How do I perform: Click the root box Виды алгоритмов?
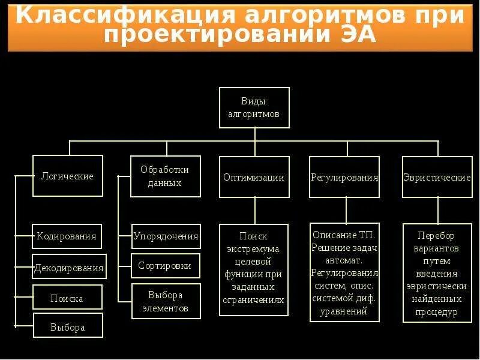tap(254, 107)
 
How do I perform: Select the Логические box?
tap(67, 176)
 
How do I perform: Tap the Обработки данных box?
tap(164, 176)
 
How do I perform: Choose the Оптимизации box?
tap(254, 177)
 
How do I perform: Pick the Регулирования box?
tap(344, 177)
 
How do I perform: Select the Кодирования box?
tap(67, 236)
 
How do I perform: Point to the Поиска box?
tap(67, 298)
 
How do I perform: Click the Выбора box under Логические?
tap(68, 327)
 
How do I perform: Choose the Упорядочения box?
tap(166, 236)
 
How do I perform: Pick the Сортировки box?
tap(165, 265)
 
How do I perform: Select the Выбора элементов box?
tap(165, 301)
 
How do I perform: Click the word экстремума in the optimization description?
tap(254, 249)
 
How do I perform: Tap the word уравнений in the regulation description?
tap(344, 312)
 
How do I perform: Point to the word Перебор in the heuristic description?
tap(436, 235)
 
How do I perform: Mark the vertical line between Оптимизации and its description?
tap(255, 211)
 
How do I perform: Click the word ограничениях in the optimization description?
tap(254, 300)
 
